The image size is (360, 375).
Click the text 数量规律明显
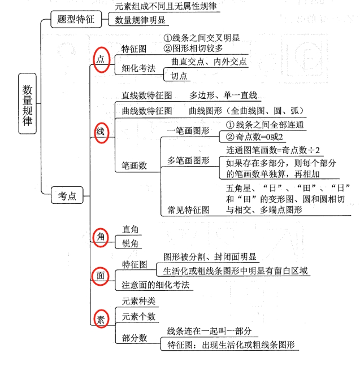point(140,20)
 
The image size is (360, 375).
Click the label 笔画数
point(135,165)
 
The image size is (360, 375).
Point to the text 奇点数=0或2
point(254,137)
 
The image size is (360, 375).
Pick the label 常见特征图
point(188,210)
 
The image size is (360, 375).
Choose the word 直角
point(131,230)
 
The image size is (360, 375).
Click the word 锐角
point(131,243)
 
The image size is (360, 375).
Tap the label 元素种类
point(138,302)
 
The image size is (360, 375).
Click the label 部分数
point(135,337)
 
